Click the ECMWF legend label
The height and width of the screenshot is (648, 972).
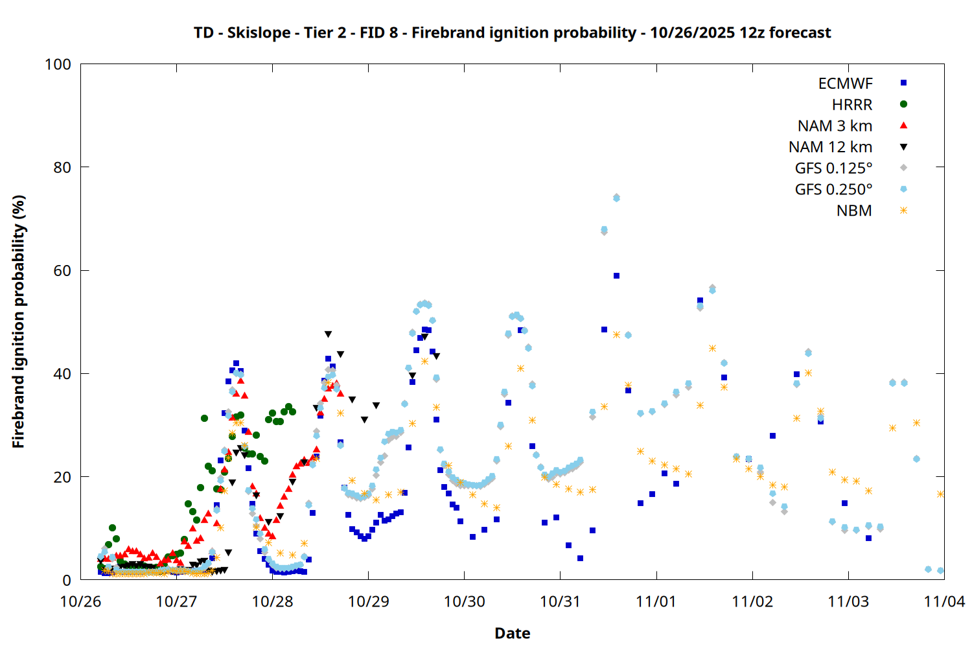[x=845, y=84]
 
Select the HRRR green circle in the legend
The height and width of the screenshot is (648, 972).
[x=903, y=104]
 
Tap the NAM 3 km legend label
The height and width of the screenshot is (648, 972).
[x=835, y=126]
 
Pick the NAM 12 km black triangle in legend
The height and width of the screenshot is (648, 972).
[x=903, y=147]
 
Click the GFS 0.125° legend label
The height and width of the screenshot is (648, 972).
[x=833, y=168]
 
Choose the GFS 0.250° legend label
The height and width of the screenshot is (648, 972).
[x=833, y=190]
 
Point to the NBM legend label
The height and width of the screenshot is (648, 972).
[x=854, y=211]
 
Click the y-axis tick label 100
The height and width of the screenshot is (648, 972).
[x=58, y=64]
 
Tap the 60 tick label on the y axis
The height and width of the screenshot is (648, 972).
[x=62, y=271]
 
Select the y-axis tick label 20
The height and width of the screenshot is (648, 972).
[x=62, y=477]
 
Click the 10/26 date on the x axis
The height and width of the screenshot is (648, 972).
[x=80, y=601]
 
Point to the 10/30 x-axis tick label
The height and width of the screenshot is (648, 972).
[x=465, y=601]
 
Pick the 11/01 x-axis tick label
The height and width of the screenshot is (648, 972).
[x=656, y=601]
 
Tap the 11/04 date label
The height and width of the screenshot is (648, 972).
[x=944, y=601]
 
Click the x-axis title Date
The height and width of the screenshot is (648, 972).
[x=512, y=633]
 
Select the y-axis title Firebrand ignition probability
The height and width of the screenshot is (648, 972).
[x=18, y=321]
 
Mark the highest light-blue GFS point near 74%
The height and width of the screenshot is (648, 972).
[x=616, y=198]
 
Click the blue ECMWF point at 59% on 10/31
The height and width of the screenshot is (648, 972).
[x=616, y=276]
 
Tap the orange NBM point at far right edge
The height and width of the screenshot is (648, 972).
[x=940, y=494]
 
